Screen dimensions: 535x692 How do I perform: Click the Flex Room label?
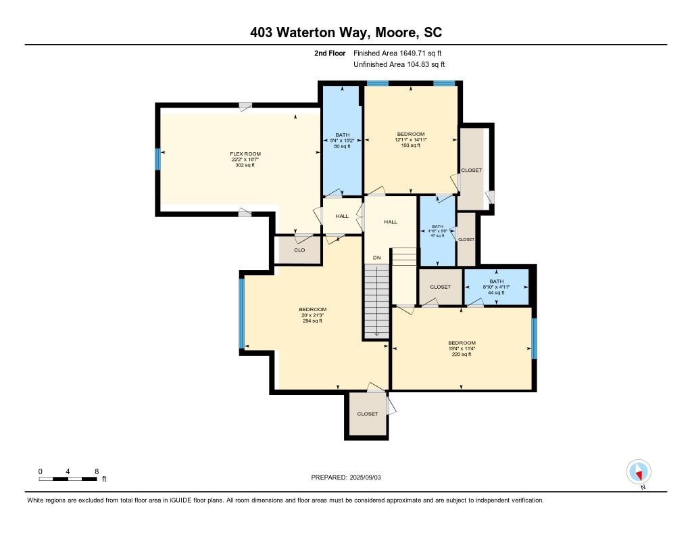pyautogui.click(x=245, y=154)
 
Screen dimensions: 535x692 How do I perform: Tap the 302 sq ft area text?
pyautogui.click(x=245, y=165)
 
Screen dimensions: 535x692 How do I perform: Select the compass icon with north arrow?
pyautogui.click(x=638, y=471)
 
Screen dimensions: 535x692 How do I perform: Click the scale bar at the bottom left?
pyautogui.click(x=68, y=479)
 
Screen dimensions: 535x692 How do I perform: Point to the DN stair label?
pyautogui.click(x=377, y=258)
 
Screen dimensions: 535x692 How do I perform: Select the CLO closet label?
pyautogui.click(x=299, y=250)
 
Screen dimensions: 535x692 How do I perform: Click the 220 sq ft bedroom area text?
pyautogui.click(x=462, y=354)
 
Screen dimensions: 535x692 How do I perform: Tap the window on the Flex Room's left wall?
pyautogui.click(x=158, y=160)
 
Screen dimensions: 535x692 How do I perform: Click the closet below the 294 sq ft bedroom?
pyautogui.click(x=368, y=414)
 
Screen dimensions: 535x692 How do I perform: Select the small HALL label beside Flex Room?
pyautogui.click(x=342, y=216)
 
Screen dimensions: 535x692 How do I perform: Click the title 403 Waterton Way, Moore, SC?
pyautogui.click(x=346, y=32)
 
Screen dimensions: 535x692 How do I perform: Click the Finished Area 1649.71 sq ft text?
pyautogui.click(x=398, y=53)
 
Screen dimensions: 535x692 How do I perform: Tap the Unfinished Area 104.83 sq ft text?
pyautogui.click(x=399, y=65)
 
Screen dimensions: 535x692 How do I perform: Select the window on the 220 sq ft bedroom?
pyautogui.click(x=534, y=338)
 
